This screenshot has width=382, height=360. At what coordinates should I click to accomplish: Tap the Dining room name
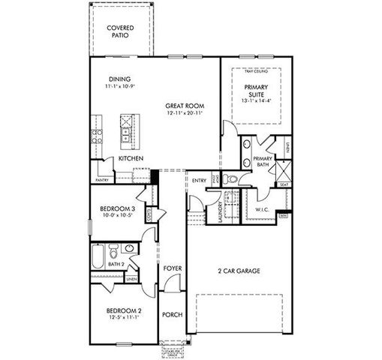[x=120, y=79]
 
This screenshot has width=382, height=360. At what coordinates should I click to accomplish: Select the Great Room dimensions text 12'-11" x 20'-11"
[x=185, y=112]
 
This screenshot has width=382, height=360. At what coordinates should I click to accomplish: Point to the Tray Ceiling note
[x=255, y=72]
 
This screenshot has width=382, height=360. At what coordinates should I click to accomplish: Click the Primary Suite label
[x=255, y=91]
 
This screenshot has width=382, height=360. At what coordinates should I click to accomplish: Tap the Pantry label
[x=101, y=180]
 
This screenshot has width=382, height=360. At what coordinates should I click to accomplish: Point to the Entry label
[x=199, y=181]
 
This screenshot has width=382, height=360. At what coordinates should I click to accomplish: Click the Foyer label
[x=171, y=268]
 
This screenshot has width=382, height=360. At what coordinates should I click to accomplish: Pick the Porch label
[x=171, y=314]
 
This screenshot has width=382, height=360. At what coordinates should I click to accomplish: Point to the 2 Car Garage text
[x=238, y=271]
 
